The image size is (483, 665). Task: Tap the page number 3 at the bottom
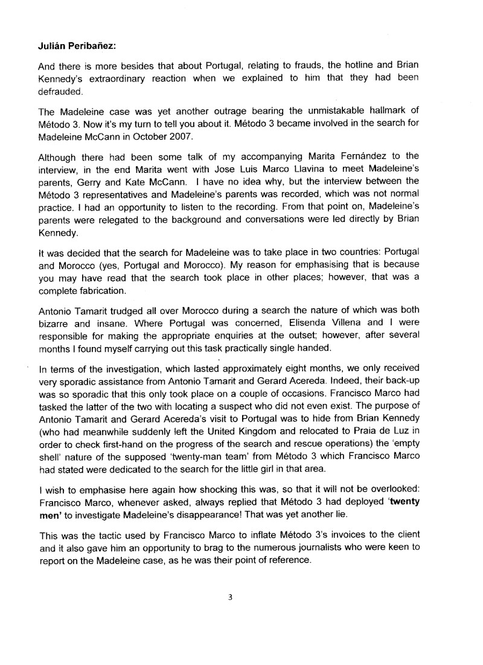pos(230,598)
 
